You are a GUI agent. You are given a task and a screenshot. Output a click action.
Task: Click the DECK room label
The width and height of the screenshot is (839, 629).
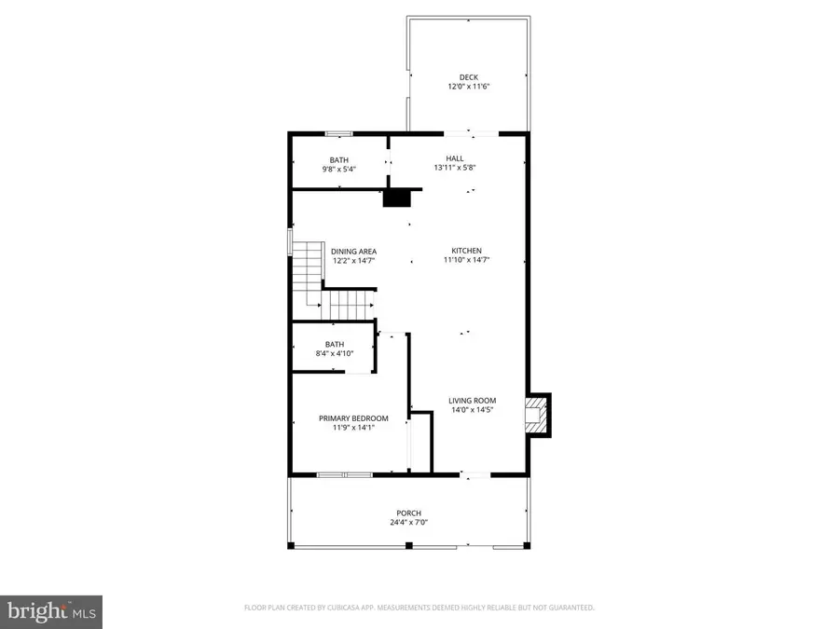tap(467, 77)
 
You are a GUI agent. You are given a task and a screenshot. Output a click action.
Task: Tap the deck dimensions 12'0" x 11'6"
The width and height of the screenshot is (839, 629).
tap(467, 87)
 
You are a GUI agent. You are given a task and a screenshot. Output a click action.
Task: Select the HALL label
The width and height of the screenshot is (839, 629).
tap(454, 158)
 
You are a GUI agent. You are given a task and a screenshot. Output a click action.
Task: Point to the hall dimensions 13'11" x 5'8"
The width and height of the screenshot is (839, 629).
tap(454, 168)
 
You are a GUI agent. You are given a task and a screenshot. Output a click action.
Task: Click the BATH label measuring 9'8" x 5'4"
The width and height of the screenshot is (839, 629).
tap(338, 160)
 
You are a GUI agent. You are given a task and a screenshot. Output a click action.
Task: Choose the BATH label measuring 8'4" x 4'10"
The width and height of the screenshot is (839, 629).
tap(334, 344)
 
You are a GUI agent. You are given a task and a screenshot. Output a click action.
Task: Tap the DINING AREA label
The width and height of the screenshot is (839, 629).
tap(353, 251)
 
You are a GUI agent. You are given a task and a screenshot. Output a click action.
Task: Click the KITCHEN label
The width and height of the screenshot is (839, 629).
tap(466, 251)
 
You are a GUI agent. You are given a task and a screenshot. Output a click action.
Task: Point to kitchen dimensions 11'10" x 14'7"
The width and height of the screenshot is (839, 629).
tap(466, 260)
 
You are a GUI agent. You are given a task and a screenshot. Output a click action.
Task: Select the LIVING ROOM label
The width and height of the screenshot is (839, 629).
tap(472, 401)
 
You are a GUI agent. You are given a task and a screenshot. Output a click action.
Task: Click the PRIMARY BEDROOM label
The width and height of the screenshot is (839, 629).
tap(353, 418)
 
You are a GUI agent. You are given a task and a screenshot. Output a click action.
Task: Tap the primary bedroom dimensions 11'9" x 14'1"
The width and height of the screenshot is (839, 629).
tap(353, 428)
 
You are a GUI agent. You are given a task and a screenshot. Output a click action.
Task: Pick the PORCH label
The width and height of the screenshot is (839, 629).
tap(408, 513)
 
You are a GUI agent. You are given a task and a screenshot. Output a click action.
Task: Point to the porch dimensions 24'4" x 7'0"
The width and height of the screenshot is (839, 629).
tap(408, 523)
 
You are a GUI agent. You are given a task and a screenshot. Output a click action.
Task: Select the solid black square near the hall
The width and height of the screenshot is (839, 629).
tap(396, 198)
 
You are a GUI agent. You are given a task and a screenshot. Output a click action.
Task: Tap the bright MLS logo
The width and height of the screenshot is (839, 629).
tap(51, 611)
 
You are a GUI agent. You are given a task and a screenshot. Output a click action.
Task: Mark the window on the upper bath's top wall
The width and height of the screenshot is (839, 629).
tap(337, 133)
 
